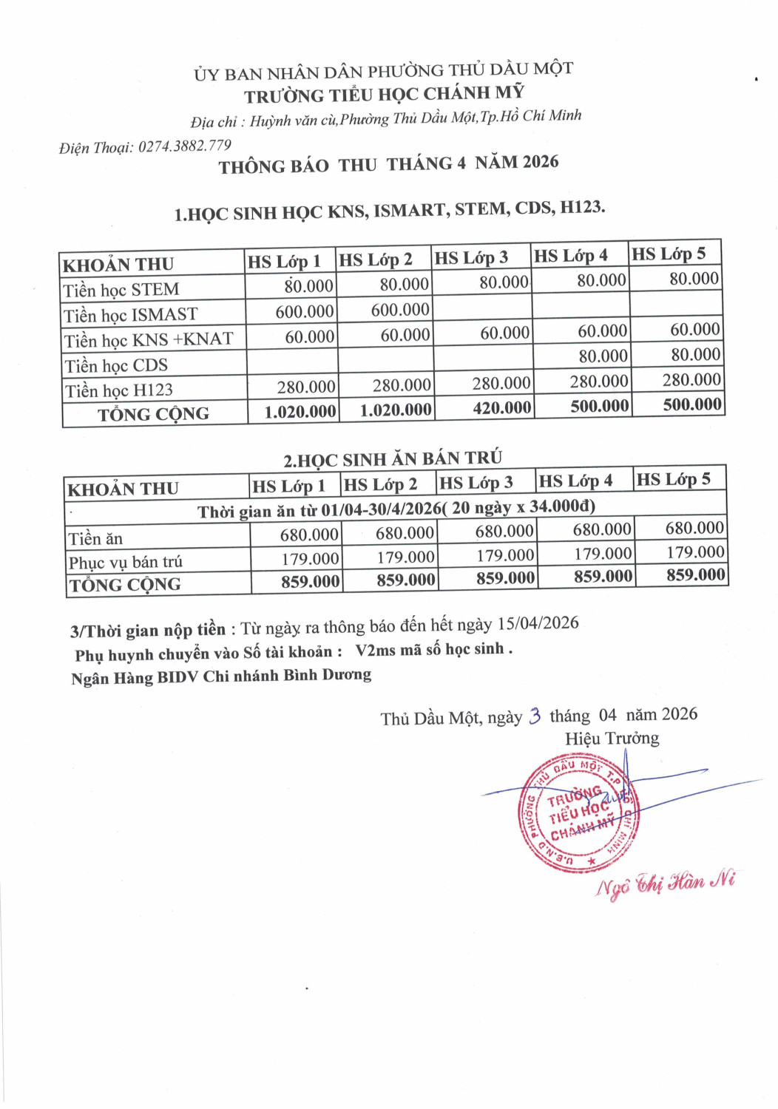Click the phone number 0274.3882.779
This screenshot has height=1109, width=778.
click(184, 146)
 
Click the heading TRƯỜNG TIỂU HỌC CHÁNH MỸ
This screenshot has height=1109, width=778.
click(384, 94)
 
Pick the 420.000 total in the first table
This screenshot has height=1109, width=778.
click(501, 407)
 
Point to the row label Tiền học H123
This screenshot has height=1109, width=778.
click(118, 390)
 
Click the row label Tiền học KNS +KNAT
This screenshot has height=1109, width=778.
click(148, 339)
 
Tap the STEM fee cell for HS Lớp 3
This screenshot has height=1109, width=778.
click(504, 282)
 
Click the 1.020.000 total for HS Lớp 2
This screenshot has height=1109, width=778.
click(396, 410)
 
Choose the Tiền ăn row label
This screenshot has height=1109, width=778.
click(95, 538)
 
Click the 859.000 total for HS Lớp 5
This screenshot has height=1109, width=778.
click(695, 574)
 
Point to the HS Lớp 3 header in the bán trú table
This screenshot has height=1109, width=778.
click(476, 483)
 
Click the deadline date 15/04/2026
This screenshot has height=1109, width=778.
click(538, 623)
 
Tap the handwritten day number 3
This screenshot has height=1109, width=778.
click(535, 716)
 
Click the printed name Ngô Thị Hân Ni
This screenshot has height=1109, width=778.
click(666, 883)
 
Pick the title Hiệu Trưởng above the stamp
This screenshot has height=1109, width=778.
click(612, 738)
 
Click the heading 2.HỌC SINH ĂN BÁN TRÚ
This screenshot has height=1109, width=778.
click(392, 458)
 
